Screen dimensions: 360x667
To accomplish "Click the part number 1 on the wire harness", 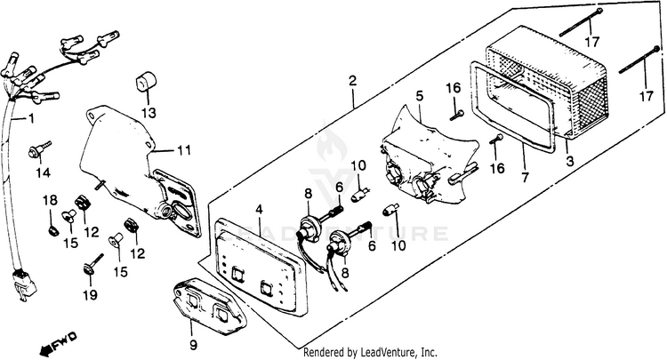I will (32, 117).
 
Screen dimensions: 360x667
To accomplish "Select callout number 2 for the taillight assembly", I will (353, 81).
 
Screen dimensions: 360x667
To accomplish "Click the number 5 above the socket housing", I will (419, 95).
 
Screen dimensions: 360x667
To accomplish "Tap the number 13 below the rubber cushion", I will (148, 112).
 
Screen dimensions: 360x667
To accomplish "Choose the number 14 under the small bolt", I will (42, 172).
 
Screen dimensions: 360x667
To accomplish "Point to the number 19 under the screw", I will (90, 294).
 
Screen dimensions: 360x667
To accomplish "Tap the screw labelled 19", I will (90, 267).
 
